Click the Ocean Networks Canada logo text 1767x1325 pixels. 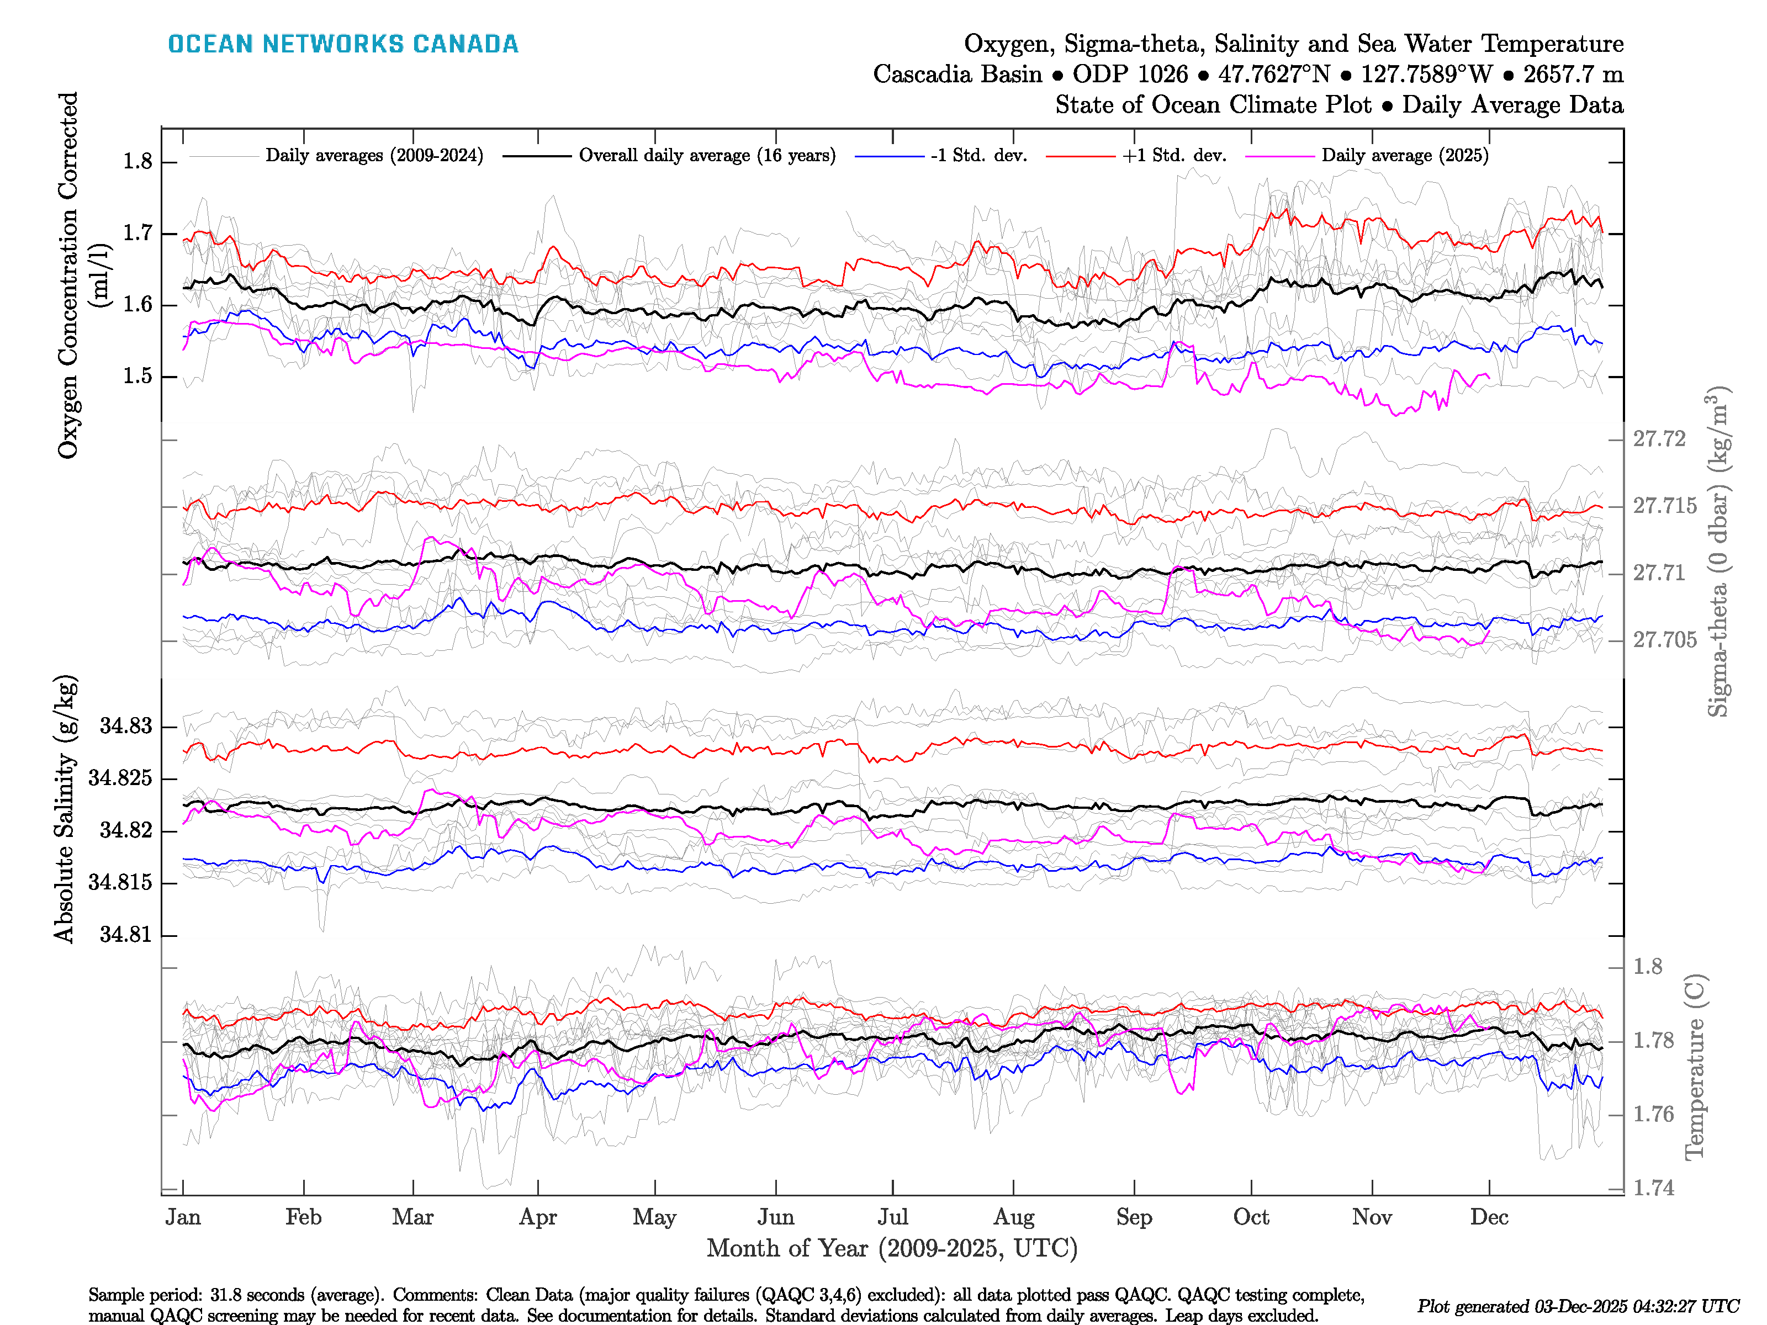click(343, 44)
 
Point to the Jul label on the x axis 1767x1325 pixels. click(892, 1217)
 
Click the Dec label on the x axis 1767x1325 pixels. click(1489, 1217)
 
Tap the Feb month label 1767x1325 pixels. click(304, 1217)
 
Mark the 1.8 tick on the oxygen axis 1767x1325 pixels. click(137, 162)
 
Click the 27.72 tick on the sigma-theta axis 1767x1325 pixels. click(1658, 439)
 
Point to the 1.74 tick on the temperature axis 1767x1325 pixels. click(1653, 1189)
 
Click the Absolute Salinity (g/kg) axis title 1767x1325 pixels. click(66, 808)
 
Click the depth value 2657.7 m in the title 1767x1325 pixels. click(1573, 75)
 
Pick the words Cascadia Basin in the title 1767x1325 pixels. click(957, 75)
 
